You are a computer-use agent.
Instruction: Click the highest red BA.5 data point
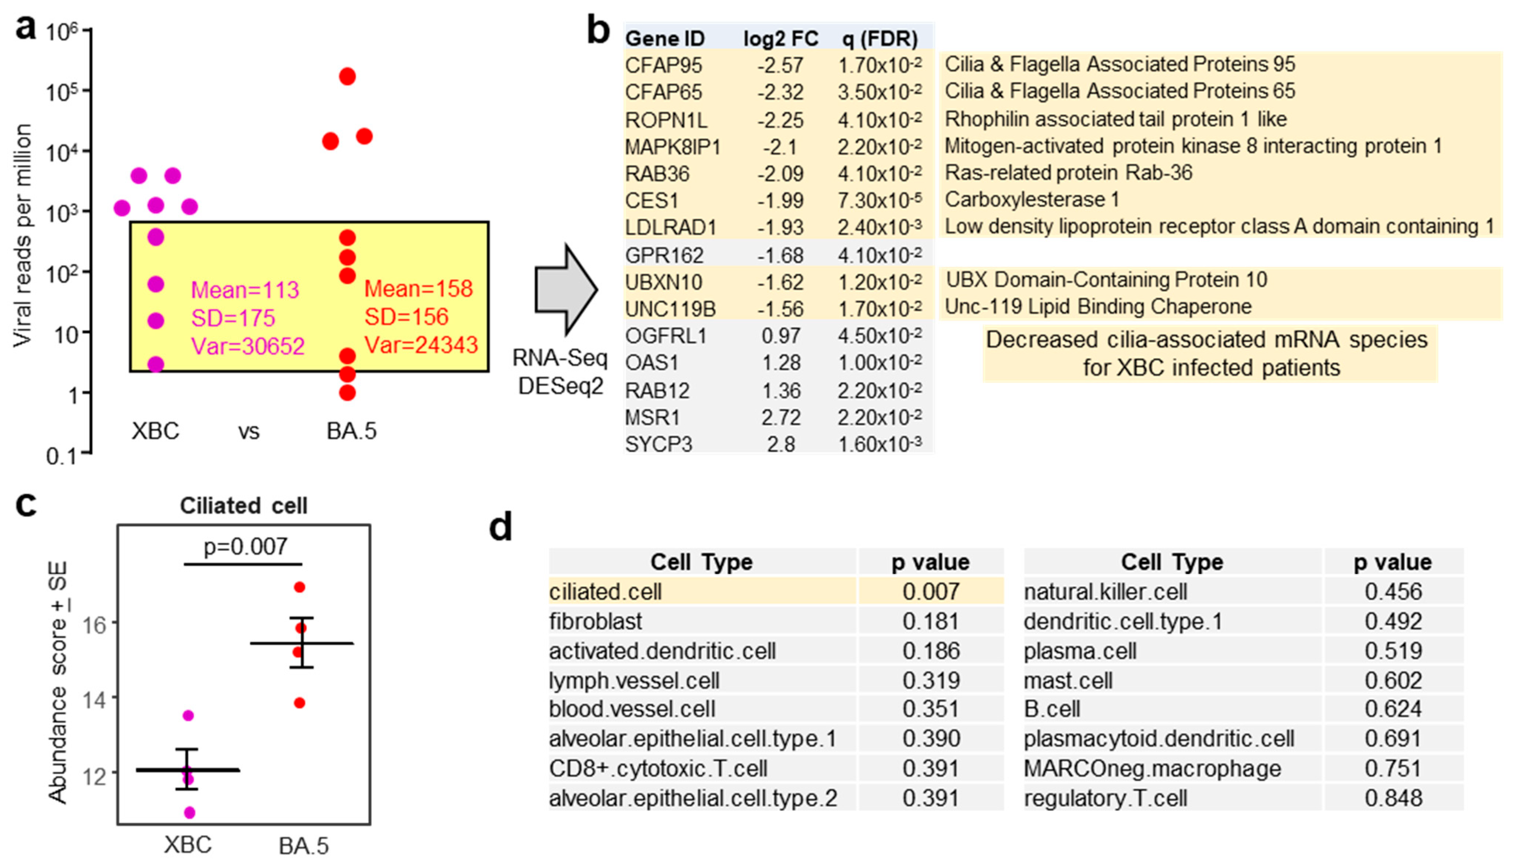[x=348, y=77]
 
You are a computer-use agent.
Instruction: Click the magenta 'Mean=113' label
[x=245, y=290]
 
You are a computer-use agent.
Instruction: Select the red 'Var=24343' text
[x=420, y=345]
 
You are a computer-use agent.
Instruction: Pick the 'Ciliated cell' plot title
[x=244, y=506]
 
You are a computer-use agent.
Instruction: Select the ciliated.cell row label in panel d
[x=605, y=591]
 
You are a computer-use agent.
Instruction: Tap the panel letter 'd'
[x=501, y=527]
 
